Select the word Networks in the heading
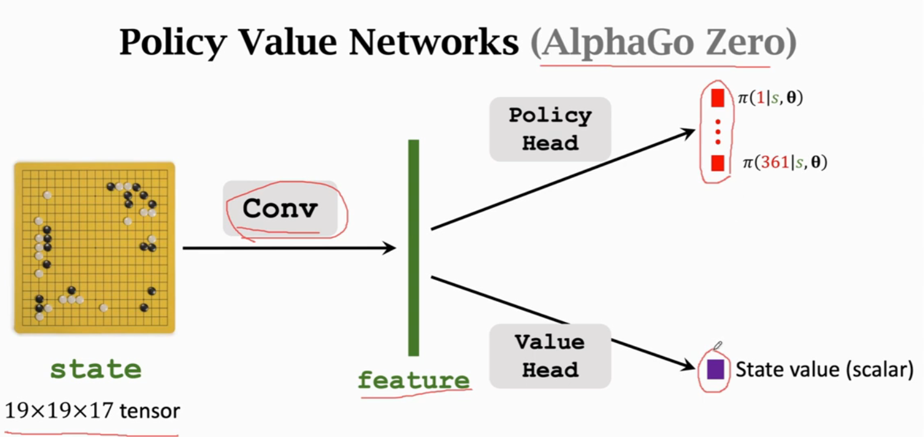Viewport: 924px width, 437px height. coord(430,42)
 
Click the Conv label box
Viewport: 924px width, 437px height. coord(280,209)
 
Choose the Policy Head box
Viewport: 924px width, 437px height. coord(550,129)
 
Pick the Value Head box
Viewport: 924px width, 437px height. coord(550,355)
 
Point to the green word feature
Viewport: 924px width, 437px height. coord(413,380)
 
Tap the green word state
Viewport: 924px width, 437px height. coord(95,369)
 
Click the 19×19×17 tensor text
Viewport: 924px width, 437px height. coord(92,411)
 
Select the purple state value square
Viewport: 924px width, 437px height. coord(716,370)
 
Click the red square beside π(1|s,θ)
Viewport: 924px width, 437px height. coord(717,98)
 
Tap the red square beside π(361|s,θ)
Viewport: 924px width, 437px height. coord(717,163)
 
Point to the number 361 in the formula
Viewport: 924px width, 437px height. coord(776,163)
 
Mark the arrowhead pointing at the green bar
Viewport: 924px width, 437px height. coord(390,248)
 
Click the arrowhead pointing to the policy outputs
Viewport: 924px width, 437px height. coord(688,132)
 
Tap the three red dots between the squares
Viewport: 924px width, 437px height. coord(717,131)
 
